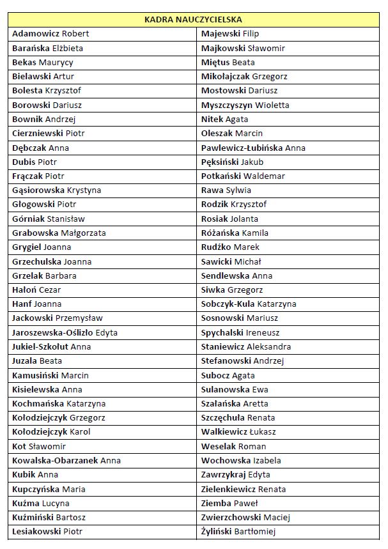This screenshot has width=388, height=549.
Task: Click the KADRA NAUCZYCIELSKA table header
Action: [x=194, y=20]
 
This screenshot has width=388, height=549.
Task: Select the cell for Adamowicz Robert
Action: [x=51, y=34]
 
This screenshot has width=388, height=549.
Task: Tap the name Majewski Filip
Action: [x=230, y=34]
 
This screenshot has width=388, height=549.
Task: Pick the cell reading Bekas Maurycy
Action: [x=43, y=63]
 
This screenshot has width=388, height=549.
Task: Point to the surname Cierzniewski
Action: [x=38, y=134]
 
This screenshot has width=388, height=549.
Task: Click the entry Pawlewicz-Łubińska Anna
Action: [x=253, y=148]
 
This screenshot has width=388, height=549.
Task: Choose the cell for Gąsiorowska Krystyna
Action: [x=57, y=190]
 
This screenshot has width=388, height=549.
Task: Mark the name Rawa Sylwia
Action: [x=226, y=190]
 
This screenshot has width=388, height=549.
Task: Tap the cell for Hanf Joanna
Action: [x=37, y=304]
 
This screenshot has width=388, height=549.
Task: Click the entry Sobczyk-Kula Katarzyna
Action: [x=249, y=304]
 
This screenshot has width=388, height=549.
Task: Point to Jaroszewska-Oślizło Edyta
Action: [x=65, y=333]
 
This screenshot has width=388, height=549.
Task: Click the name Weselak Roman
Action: [x=233, y=447]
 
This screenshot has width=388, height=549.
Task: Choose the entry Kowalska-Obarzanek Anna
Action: [x=66, y=461]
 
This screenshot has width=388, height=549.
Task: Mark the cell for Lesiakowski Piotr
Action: [x=47, y=532]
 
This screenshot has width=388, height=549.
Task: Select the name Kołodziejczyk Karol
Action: [x=51, y=432]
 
